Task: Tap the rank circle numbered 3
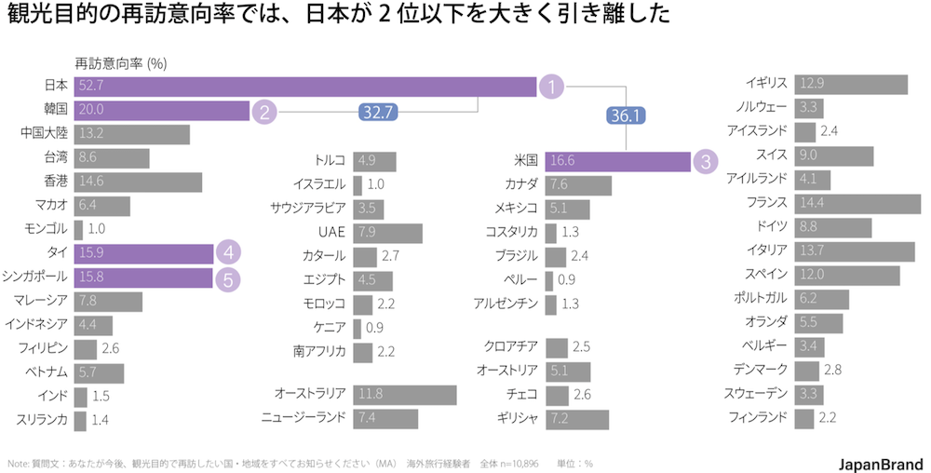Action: [x=706, y=160]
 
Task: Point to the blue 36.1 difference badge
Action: [x=626, y=115]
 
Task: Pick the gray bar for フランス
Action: [x=857, y=202]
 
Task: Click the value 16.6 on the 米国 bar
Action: [x=562, y=160]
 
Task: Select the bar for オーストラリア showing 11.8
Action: [x=405, y=394]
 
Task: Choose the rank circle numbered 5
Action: [x=228, y=277]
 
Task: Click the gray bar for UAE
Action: [x=387, y=232]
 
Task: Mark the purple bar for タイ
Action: [x=143, y=252]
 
